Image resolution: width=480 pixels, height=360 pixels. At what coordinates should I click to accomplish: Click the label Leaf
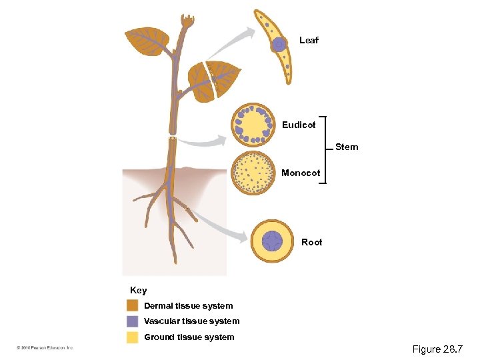coord(309,41)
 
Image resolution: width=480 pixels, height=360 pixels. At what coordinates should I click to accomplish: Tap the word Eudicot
coord(299,125)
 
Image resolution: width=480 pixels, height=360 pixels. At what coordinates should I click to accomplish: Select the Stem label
coord(346,147)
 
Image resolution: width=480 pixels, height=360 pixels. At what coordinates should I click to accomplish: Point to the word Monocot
coord(300,173)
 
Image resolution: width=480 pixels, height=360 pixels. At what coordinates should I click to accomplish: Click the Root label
coord(311,242)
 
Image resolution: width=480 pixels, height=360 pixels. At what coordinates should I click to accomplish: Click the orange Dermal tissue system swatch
coord(133,305)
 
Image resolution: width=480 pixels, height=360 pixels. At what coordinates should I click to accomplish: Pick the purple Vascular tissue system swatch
coord(133,321)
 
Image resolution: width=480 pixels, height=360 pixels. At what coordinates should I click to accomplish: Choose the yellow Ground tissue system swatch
coord(133,337)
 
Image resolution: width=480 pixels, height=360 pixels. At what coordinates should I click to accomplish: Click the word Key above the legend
coord(139,291)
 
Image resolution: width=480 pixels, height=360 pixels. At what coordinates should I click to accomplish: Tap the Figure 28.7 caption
coord(437,349)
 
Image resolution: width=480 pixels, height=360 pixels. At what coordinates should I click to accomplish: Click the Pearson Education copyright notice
coord(45,348)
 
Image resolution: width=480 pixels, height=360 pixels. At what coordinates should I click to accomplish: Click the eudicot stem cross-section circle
coord(253,124)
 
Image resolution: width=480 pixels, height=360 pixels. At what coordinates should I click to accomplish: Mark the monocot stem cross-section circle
coord(253,173)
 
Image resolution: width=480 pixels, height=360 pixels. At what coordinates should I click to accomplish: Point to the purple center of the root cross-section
coord(273,241)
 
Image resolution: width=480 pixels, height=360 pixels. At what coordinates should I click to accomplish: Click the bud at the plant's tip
coord(187,21)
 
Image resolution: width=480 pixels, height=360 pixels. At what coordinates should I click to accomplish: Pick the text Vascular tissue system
coord(191,321)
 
